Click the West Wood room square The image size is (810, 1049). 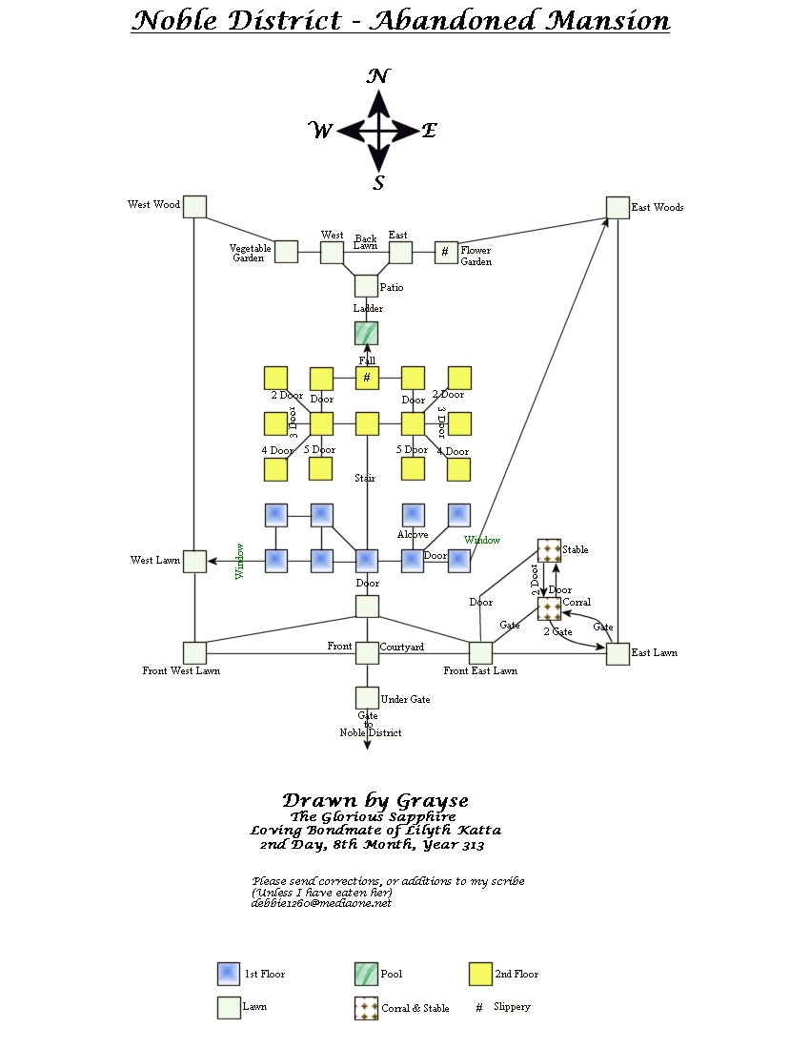tap(194, 206)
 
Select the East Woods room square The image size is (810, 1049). tap(618, 207)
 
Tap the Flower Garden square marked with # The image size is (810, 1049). tap(446, 252)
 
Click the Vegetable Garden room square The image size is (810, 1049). tap(286, 252)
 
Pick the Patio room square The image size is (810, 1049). tap(366, 285)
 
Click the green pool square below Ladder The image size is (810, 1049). tap(366, 333)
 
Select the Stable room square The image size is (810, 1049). tap(549, 550)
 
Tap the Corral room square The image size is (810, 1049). tap(549, 608)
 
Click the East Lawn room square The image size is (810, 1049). tap(618, 653)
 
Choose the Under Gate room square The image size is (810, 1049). tap(367, 698)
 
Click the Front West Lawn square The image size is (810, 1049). tap(194, 653)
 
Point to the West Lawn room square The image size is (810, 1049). tap(194, 561)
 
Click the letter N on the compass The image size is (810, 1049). tap(377, 77)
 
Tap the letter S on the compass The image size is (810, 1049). tap(378, 183)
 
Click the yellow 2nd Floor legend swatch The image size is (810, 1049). tap(481, 974)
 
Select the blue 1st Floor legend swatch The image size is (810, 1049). tap(229, 974)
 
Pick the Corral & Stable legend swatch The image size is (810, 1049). tap(366, 1008)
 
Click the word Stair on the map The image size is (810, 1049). tap(365, 478)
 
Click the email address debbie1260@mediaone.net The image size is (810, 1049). tap(321, 902)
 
